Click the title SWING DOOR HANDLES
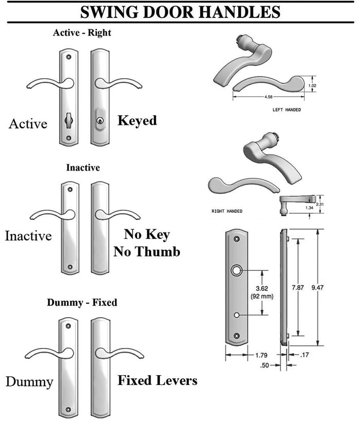pos(179,11)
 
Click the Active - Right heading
pos(82,33)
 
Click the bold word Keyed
pos(137,120)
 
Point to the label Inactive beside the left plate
pos(28,236)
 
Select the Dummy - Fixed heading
pos(82,302)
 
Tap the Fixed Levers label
pos(157,380)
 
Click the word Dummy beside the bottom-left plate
pos(29,382)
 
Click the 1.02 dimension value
pos(319,85)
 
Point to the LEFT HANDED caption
pos(286,110)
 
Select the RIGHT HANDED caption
pos(227,211)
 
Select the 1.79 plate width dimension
pos(262,355)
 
